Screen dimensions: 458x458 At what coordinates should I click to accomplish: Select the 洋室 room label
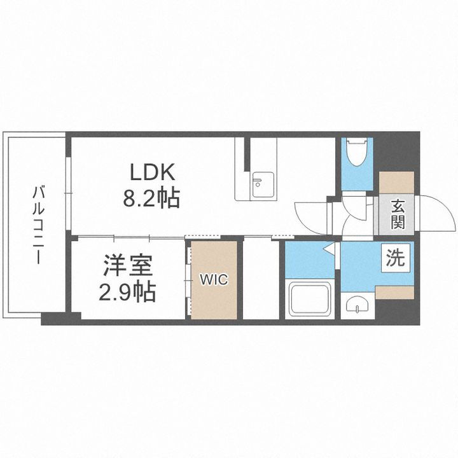click(x=126, y=266)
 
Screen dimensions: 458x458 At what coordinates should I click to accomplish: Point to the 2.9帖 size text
click(x=127, y=292)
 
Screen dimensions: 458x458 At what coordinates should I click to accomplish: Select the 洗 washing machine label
click(x=395, y=259)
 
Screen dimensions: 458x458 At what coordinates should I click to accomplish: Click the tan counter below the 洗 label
click(x=395, y=291)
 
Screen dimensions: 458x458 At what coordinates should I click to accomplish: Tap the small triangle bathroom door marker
click(x=329, y=250)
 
